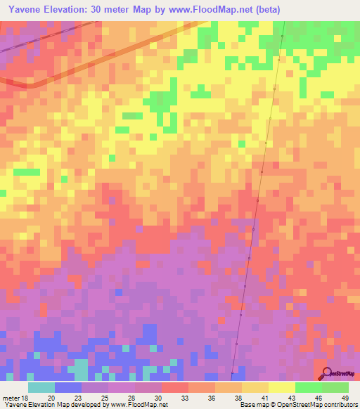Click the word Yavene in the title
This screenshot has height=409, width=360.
[27, 9]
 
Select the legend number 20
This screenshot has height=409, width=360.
[51, 398]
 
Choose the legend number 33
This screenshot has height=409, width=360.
[184, 398]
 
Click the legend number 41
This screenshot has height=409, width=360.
[264, 398]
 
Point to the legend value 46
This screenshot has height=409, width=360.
[318, 398]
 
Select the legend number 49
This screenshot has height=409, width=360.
[345, 398]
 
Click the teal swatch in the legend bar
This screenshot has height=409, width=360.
[41, 387]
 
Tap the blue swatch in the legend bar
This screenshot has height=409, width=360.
[68, 387]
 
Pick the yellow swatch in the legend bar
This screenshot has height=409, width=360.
[281, 387]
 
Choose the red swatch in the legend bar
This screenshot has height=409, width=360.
[174, 387]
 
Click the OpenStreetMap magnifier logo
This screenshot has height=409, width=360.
[326, 373]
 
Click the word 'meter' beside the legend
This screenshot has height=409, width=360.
[10, 398]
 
